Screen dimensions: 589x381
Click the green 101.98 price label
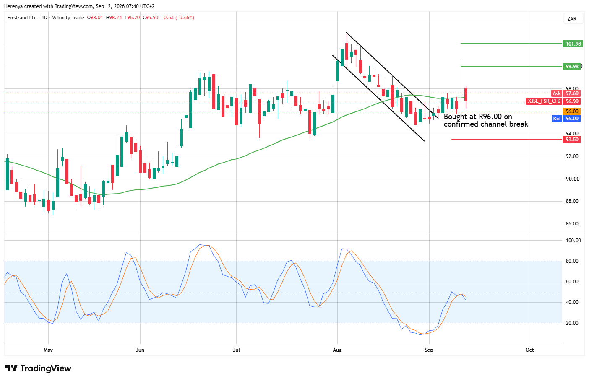click(x=573, y=44)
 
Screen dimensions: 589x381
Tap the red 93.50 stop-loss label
click(x=572, y=139)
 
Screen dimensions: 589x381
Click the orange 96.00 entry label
click(x=572, y=111)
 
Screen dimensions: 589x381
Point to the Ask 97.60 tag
click(x=566, y=93)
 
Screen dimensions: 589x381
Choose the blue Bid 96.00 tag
click(x=566, y=119)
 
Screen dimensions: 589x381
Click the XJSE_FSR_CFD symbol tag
click(x=544, y=101)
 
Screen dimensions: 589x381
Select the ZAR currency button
click(x=572, y=19)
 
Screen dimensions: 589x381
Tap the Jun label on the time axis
click(x=140, y=350)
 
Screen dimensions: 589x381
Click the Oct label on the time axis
click(x=529, y=350)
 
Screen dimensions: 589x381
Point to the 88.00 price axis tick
click(x=572, y=201)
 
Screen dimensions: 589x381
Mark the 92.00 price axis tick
click(x=572, y=156)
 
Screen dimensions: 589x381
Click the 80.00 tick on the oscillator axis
click(x=572, y=261)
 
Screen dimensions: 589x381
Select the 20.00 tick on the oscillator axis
click(x=572, y=323)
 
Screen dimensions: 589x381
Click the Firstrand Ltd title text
click(x=22, y=18)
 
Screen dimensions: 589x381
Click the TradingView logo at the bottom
click(x=38, y=368)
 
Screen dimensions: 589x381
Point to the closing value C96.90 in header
click(x=151, y=18)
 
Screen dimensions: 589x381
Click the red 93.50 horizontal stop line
click(x=507, y=139)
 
